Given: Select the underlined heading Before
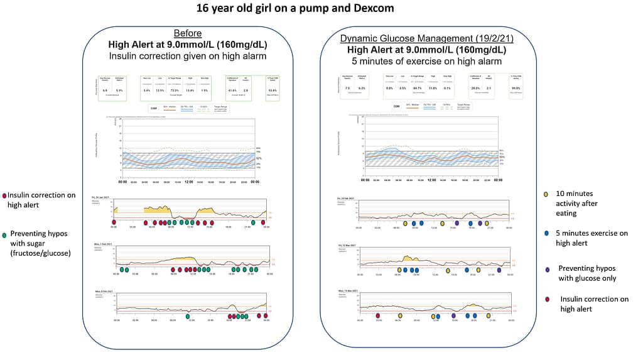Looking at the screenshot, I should click(x=188, y=33).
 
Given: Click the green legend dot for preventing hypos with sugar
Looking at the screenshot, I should click(x=4, y=234).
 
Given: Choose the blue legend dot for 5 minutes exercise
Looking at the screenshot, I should click(x=546, y=233).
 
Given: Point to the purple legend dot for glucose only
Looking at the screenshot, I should click(x=546, y=269).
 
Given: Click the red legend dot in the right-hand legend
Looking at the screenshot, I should click(x=546, y=300).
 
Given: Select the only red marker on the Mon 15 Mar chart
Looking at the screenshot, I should click(x=377, y=316).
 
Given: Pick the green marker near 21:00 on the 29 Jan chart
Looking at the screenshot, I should click(x=254, y=222).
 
